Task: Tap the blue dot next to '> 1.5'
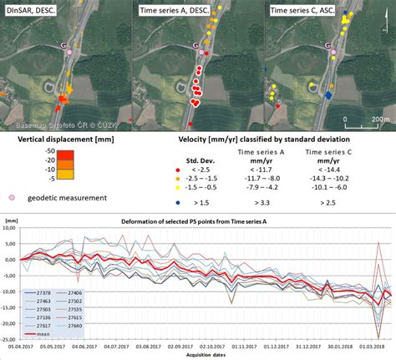point(177,202)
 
